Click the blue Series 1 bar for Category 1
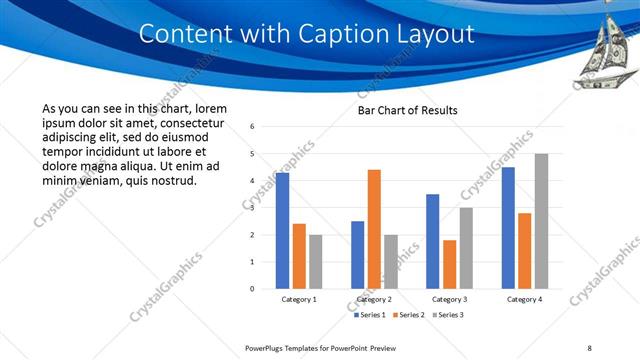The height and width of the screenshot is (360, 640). (282, 231)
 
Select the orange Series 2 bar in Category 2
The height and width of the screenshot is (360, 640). (374, 229)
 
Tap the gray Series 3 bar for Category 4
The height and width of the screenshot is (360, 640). (541, 221)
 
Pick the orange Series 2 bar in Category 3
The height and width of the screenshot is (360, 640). (449, 264)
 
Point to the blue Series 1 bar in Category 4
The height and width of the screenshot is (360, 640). (508, 228)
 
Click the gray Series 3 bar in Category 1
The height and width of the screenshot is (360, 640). (316, 262)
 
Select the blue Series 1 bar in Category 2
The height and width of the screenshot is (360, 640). (357, 255)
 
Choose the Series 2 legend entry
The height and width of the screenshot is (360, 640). (409, 315)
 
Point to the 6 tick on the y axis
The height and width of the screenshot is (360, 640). (252, 127)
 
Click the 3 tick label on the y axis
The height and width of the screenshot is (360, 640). (252, 208)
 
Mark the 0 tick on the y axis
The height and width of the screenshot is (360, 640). (252, 289)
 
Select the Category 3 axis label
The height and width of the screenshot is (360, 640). (449, 299)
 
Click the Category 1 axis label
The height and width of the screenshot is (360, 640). (299, 299)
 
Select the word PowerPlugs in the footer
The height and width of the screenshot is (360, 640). (267, 348)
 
